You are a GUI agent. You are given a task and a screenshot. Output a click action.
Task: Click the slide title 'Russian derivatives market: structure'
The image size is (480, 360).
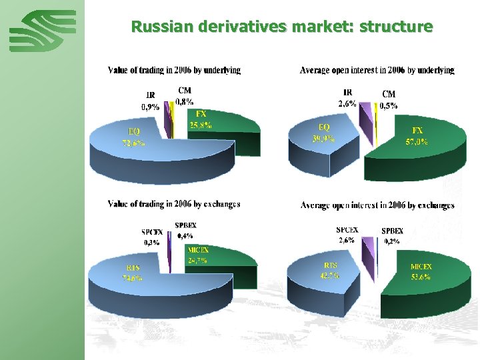click(x=282, y=27)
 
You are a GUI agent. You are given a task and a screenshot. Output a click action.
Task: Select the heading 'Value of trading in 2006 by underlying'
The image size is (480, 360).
click(x=174, y=69)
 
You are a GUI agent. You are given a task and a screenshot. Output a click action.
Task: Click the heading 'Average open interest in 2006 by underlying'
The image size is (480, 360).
click(x=377, y=69)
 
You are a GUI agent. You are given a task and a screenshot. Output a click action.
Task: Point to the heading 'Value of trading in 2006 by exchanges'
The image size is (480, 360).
click(x=174, y=204)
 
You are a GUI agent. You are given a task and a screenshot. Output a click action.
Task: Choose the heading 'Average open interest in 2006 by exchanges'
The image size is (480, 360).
click(x=377, y=205)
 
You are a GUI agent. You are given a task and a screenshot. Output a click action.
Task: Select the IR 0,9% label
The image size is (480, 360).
click(x=150, y=101)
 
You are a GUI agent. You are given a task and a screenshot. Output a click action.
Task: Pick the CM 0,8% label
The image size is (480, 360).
click(x=185, y=96)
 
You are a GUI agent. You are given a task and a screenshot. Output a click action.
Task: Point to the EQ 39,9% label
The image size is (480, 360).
click(x=324, y=133)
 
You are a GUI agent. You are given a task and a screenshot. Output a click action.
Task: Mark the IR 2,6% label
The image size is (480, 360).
click(x=347, y=97)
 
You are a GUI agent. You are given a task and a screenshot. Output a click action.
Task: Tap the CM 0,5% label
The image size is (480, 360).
click(x=389, y=99)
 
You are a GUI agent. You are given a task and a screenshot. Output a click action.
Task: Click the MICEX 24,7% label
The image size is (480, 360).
click(x=198, y=255)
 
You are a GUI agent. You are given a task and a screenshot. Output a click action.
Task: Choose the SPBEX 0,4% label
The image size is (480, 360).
click(x=185, y=230)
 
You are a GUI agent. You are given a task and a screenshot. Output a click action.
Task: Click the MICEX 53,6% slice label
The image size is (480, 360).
click(x=421, y=271)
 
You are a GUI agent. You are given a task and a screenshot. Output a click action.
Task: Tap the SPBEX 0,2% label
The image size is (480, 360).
click(x=390, y=235)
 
